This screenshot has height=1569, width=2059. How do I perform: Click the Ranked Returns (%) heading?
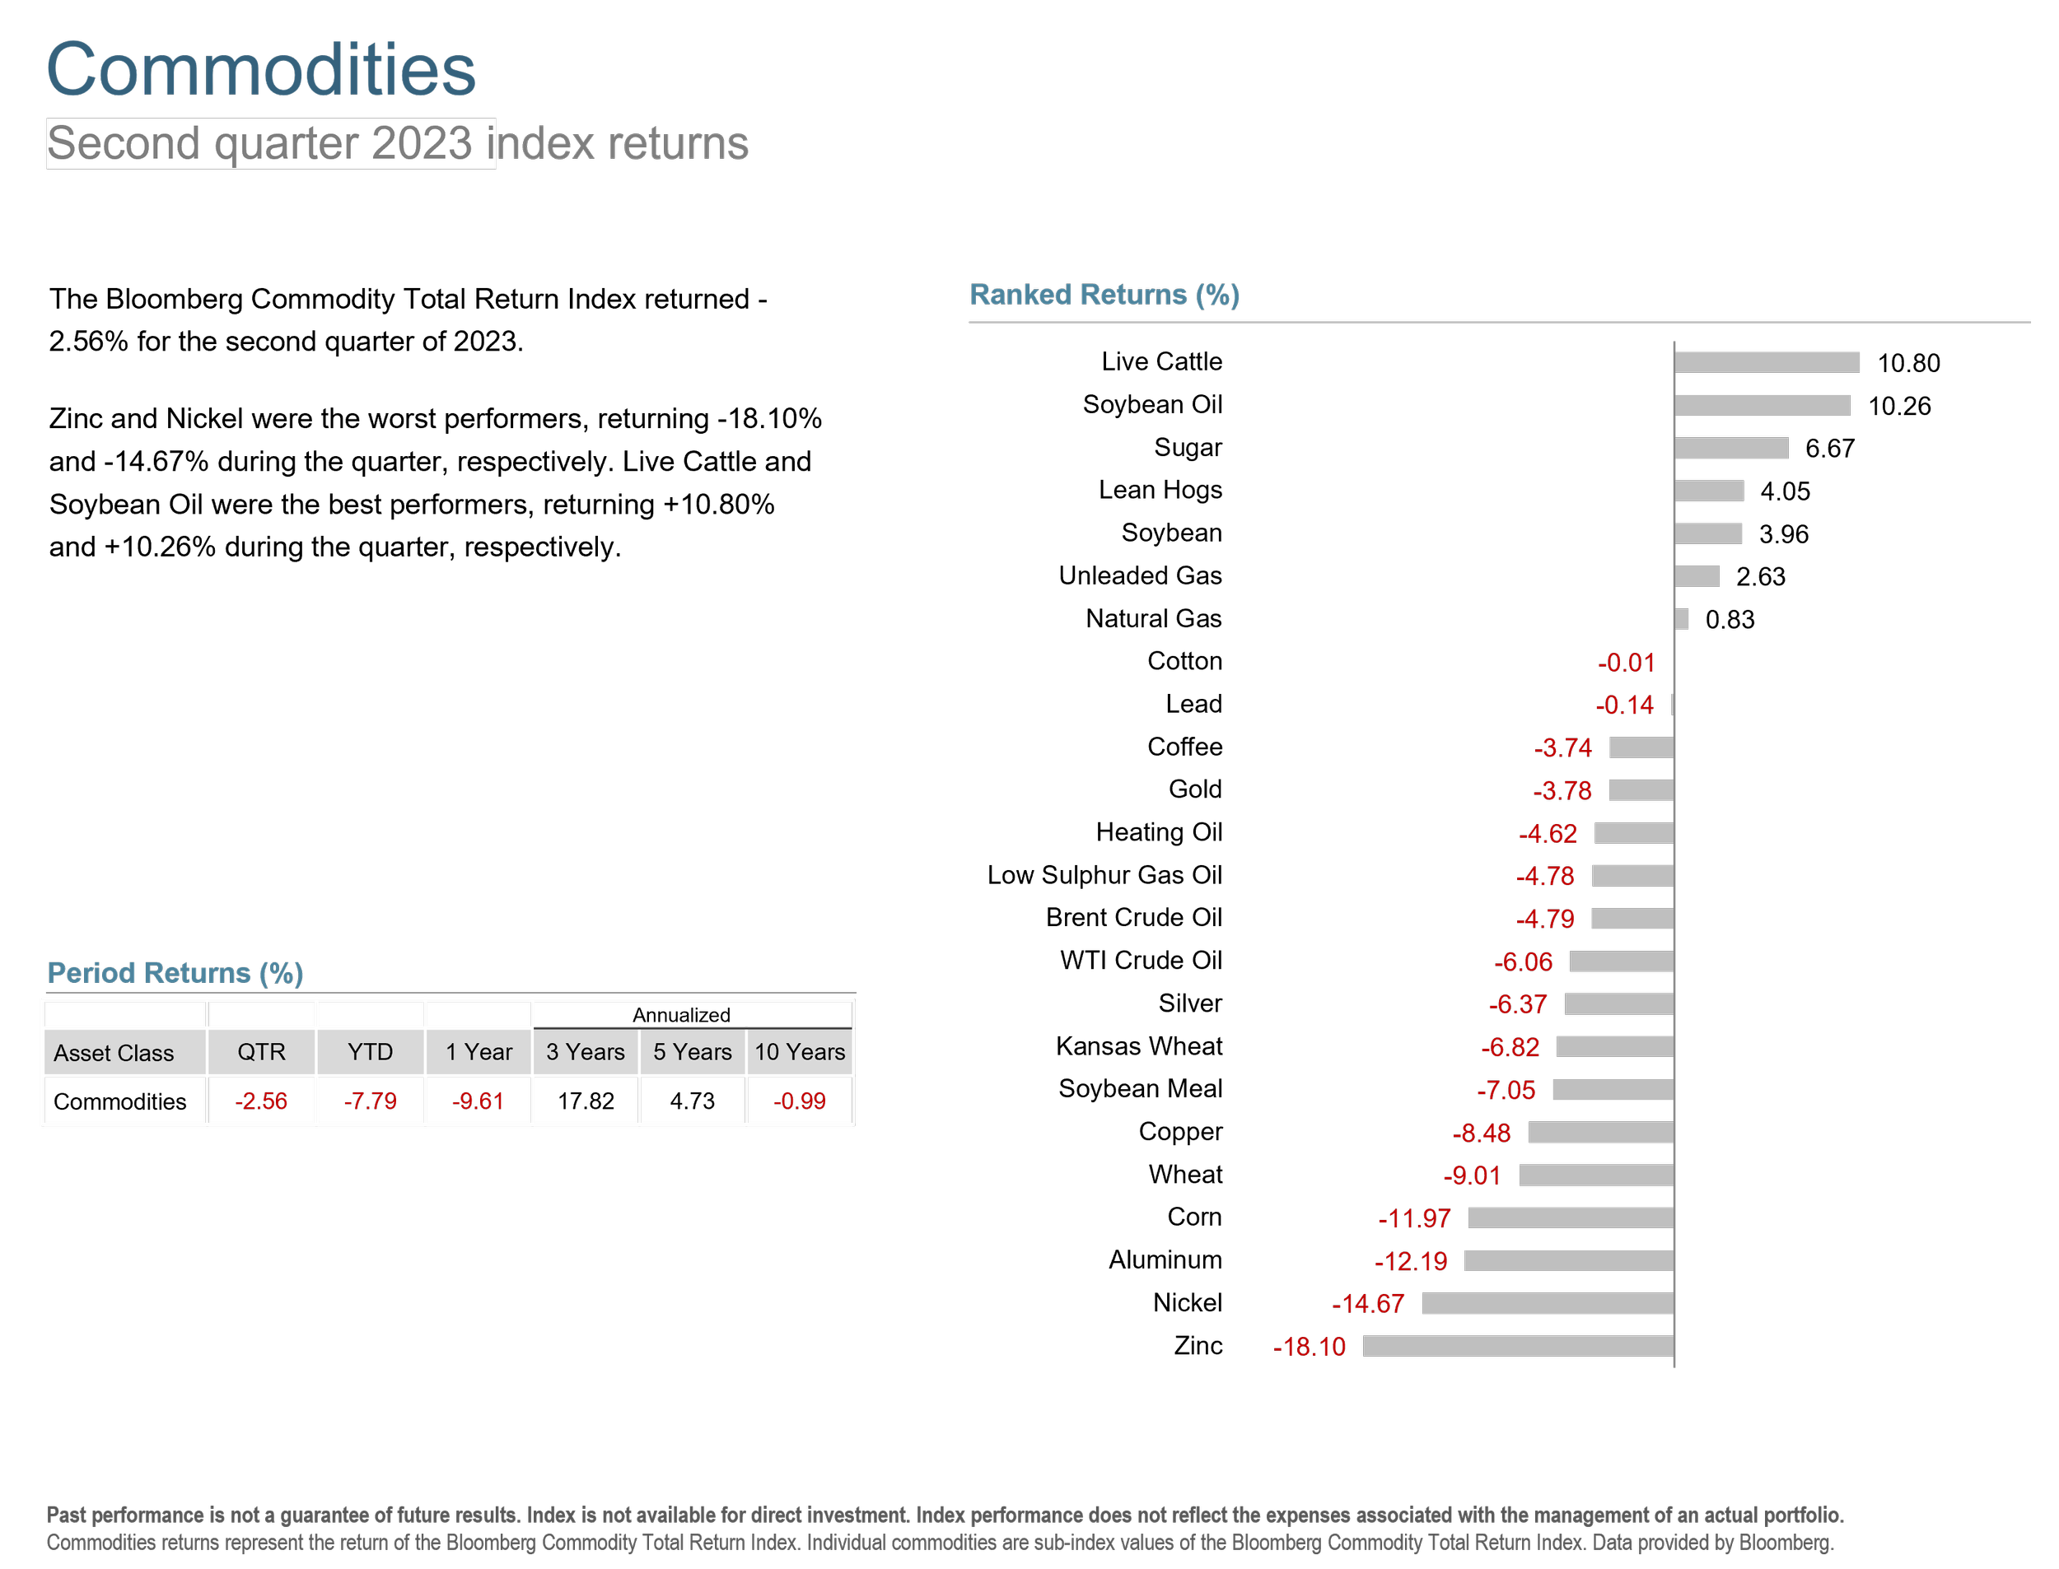1104,296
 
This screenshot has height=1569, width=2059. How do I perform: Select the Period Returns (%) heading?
175,973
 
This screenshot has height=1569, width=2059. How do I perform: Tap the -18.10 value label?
1309,1347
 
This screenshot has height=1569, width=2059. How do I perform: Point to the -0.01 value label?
1626,663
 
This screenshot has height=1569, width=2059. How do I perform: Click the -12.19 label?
1411,1262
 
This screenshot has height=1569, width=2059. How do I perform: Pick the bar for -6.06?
1621,962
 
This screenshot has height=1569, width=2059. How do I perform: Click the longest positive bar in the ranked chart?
1766,362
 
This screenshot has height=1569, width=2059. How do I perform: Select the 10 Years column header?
800,1053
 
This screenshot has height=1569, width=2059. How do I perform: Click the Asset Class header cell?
114,1054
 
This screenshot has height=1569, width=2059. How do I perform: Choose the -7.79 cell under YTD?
370,1102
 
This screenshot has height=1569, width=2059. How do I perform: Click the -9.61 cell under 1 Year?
479,1102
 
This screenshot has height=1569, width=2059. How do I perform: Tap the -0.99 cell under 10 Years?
800,1102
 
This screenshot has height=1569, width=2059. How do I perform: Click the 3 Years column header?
585,1053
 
